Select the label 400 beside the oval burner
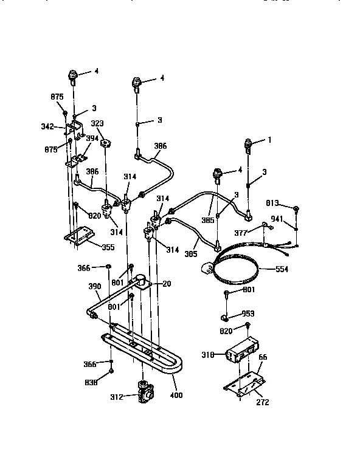pos(176,395)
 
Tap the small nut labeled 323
pos(106,144)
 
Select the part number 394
pos(92,138)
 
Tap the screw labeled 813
pos(294,210)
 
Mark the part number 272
pos(262,402)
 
